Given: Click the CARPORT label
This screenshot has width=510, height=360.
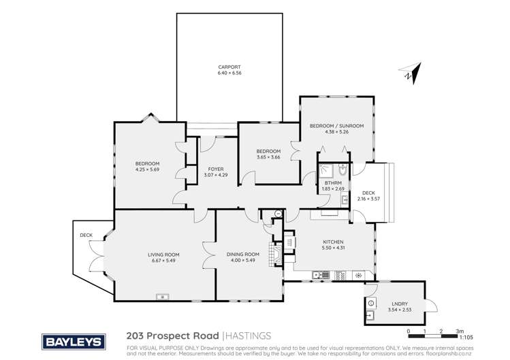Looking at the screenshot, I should [x=229, y=66].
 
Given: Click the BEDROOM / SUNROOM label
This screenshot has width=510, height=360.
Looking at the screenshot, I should [x=336, y=126].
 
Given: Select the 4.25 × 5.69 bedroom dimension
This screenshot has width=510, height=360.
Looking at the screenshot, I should [x=147, y=169].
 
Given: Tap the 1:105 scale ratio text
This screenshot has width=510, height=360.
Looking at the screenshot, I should [x=465, y=338].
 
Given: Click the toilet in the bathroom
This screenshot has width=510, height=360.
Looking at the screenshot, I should [x=344, y=169].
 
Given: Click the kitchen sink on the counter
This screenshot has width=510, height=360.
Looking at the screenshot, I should [x=319, y=275].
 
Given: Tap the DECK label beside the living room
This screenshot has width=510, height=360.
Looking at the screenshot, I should [x=85, y=235].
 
